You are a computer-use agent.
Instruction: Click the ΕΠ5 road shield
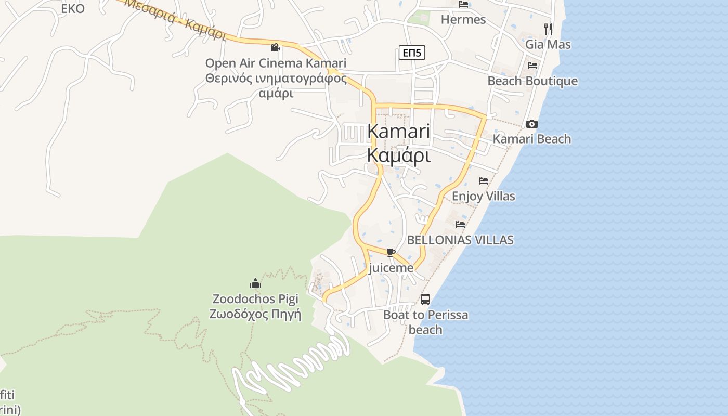point(412,52)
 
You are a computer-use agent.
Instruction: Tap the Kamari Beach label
point(531,139)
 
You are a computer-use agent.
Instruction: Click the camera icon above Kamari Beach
point(531,124)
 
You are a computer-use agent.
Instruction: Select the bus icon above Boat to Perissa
point(425,300)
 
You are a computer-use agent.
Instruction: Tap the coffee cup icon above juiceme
point(391,252)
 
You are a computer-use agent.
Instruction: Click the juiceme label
point(391,268)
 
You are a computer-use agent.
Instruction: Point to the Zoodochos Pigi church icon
point(255,283)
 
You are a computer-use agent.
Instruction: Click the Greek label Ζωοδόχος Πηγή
point(255,314)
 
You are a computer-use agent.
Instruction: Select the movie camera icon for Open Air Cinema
point(275,47)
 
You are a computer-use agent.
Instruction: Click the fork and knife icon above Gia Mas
point(548,29)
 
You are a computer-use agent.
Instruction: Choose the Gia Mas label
point(548,44)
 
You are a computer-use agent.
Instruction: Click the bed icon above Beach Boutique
point(532,66)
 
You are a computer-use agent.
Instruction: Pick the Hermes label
point(463,20)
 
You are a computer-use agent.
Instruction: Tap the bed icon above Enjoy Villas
point(484,181)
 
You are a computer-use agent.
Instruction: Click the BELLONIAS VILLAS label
point(460,240)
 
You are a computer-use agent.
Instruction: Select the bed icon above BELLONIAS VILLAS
point(460,225)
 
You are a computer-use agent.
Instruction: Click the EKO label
point(73,9)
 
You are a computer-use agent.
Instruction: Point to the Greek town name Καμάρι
point(399,155)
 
